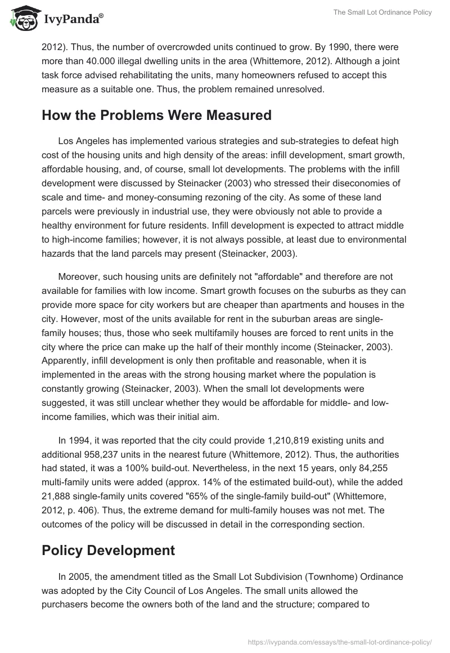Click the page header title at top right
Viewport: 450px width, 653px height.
click(382, 12)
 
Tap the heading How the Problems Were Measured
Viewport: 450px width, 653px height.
click(156, 115)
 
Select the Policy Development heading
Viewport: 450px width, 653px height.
click(108, 550)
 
